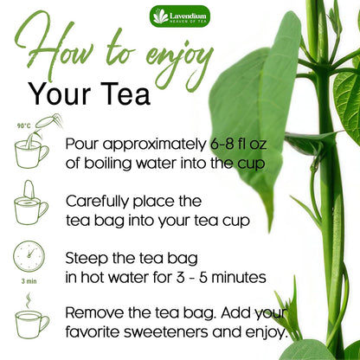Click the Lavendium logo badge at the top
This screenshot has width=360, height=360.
click(179, 16)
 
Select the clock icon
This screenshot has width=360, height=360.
click(29, 257)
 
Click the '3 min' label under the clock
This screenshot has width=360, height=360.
click(29, 280)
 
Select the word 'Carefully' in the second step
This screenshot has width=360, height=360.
click(99, 201)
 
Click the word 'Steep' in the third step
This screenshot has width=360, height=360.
click(87, 257)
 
